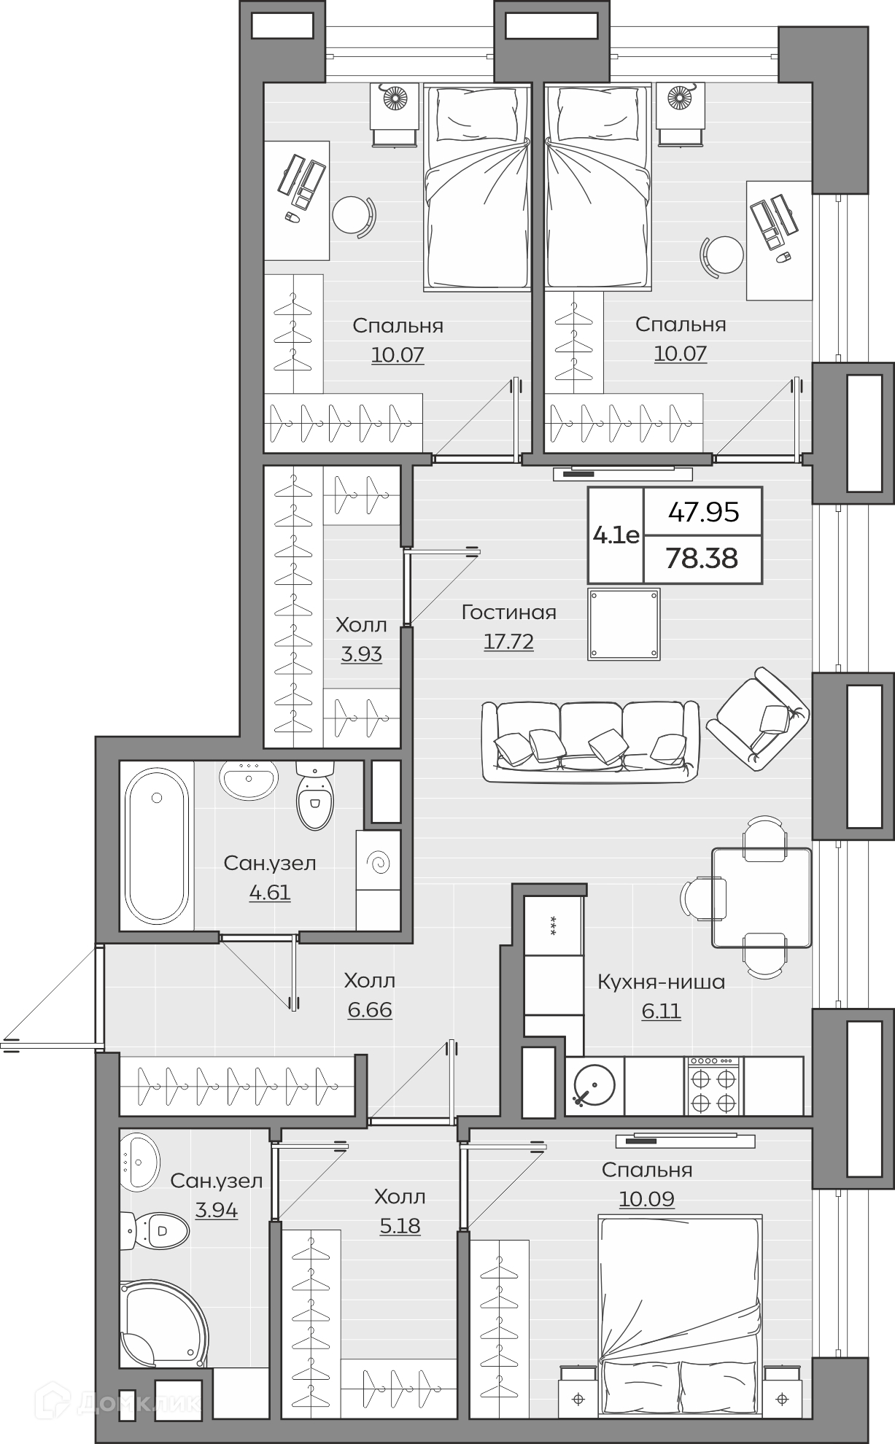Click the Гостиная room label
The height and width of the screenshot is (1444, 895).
pyautogui.click(x=508, y=613)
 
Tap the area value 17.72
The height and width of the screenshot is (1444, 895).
pyautogui.click(x=508, y=642)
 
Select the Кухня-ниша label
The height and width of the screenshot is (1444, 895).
pyautogui.click(x=661, y=982)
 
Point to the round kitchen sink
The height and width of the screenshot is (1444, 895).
pyautogui.click(x=594, y=1086)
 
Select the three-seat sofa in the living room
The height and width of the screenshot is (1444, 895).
pyautogui.click(x=590, y=742)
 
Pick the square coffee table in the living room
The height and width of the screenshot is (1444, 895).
pyautogui.click(x=624, y=624)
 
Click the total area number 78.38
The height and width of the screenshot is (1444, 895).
pyautogui.click(x=702, y=559)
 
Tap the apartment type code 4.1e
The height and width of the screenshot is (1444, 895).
pyautogui.click(x=616, y=536)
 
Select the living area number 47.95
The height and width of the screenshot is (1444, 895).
pyautogui.click(x=704, y=512)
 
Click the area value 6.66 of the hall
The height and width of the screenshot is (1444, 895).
pyautogui.click(x=370, y=1010)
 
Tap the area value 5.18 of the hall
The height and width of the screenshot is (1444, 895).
pyautogui.click(x=400, y=1226)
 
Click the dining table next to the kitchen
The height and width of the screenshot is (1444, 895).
pyautogui.click(x=762, y=898)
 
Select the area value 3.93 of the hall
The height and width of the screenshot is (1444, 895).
pyautogui.click(x=362, y=654)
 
